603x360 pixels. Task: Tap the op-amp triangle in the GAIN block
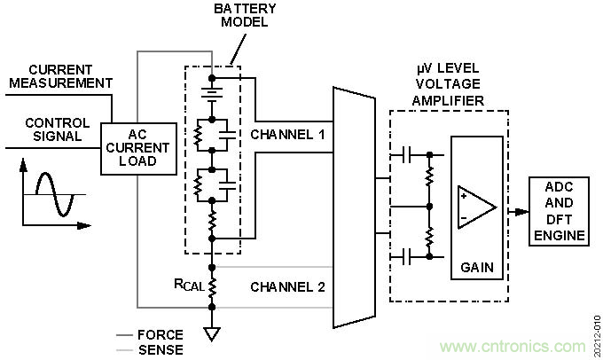pyautogui.click(x=475, y=207)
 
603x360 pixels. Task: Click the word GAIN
pyautogui.click(x=477, y=266)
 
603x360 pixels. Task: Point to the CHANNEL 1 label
pyautogui.click(x=286, y=135)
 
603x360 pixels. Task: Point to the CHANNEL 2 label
pyautogui.click(x=286, y=287)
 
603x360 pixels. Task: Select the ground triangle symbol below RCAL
pyautogui.click(x=212, y=334)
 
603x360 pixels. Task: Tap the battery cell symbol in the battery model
pyautogui.click(x=211, y=94)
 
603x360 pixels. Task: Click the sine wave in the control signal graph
pyautogui.click(x=52, y=194)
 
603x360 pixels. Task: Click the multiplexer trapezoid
pyautogui.click(x=354, y=207)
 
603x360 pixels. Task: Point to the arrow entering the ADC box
pyautogui.click(x=518, y=212)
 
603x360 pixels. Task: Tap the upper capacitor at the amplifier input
pyautogui.click(x=406, y=154)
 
